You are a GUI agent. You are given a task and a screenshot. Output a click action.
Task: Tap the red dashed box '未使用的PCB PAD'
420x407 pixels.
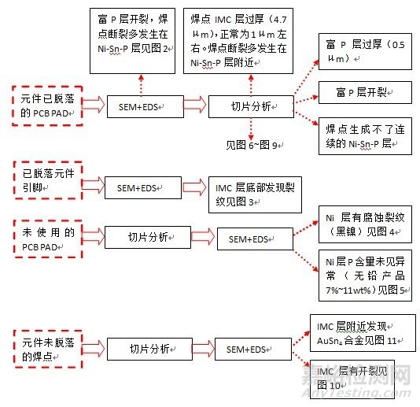click(46, 237)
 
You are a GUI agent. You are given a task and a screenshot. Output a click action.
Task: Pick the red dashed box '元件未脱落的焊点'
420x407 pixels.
click(46, 347)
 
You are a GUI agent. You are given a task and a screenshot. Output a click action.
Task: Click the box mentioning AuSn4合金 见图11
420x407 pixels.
click(359, 331)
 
